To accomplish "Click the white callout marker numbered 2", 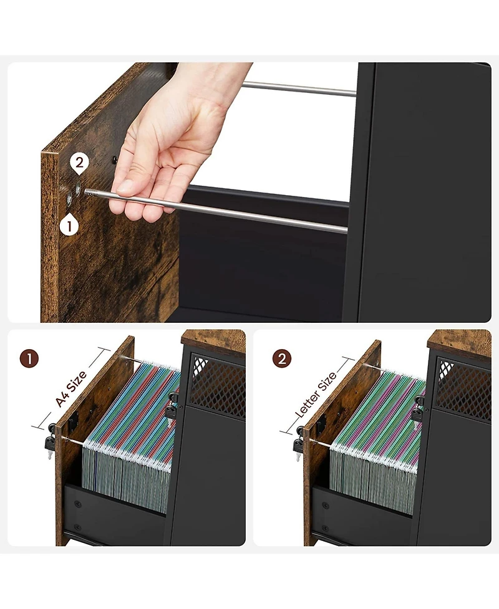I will click(x=79, y=164).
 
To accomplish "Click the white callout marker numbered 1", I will click(x=69, y=224).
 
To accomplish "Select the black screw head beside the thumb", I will click(x=114, y=160).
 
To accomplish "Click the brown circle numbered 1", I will click(x=30, y=359).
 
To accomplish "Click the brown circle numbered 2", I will click(x=282, y=359).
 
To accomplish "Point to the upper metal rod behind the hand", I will click(x=299, y=89).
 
